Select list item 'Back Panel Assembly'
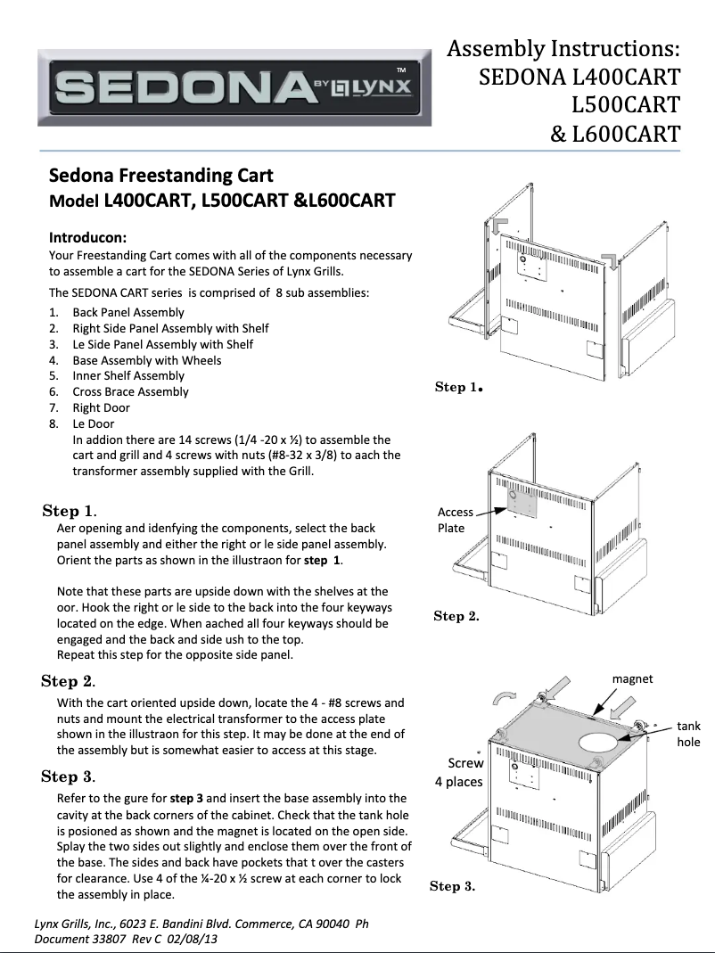click(128, 312)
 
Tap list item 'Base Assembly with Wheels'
click(147, 360)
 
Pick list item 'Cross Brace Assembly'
click(131, 391)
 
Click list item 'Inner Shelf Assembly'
click(128, 375)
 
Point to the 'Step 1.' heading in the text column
click(70, 511)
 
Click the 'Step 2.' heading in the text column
click(69, 681)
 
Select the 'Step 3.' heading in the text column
click(69, 776)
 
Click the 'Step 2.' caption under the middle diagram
click(456, 616)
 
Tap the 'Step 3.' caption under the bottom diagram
click(452, 886)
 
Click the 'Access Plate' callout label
click(455, 520)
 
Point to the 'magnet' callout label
click(632, 678)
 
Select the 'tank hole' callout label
click(688, 735)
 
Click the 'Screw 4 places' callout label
click(459, 772)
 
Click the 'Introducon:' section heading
click(87, 238)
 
